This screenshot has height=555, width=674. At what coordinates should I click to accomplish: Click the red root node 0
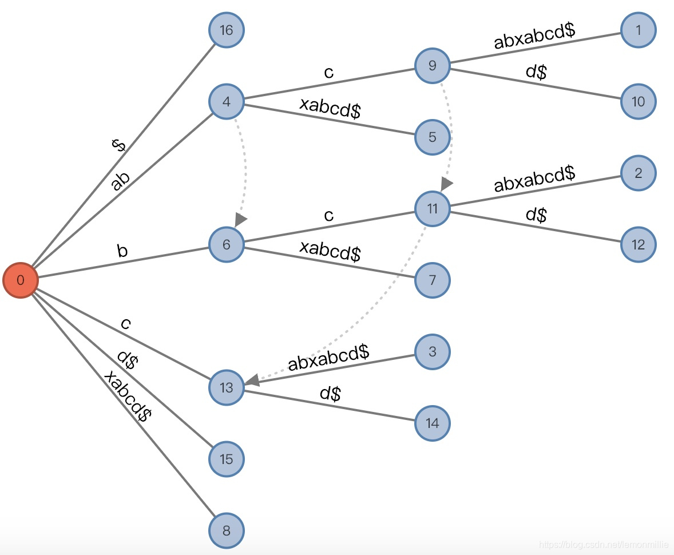21,280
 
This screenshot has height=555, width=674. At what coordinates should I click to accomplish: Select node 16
227,30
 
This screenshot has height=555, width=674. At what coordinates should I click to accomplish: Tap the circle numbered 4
227,102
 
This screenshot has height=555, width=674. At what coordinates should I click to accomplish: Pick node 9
433,66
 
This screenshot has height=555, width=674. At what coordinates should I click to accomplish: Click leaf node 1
639,30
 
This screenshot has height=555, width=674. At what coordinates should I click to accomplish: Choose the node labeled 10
639,102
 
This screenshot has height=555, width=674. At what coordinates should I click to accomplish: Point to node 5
433,137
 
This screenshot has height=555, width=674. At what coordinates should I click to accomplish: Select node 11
433,209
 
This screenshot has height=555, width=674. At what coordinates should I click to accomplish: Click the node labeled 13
227,387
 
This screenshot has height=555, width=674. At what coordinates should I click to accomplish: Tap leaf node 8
227,530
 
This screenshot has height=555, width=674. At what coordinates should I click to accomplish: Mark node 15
227,459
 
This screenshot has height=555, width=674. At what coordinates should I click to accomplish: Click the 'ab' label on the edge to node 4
120,181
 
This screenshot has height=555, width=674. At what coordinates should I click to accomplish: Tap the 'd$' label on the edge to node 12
536,215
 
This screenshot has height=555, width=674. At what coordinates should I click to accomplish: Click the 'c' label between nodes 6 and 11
328,216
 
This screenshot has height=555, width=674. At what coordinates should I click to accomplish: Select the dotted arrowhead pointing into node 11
446,185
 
